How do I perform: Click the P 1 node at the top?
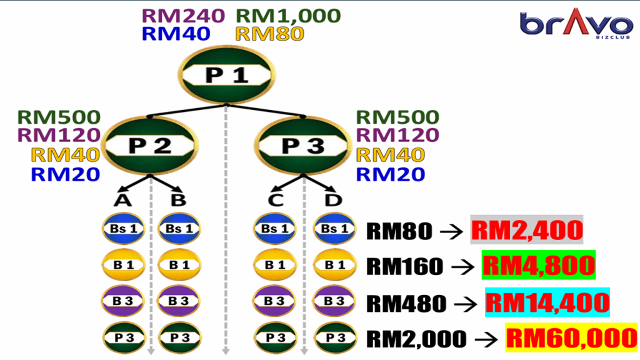click(x=227, y=75)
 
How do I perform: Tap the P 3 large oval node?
click(x=303, y=146)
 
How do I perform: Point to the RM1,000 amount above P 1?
click(x=288, y=15)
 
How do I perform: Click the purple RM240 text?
click(x=183, y=15)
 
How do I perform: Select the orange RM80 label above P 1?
click(x=269, y=33)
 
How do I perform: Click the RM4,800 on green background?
click(x=538, y=266)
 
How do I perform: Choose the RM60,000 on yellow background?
click(x=571, y=338)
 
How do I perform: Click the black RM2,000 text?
click(x=416, y=339)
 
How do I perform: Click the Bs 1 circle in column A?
click(x=123, y=228)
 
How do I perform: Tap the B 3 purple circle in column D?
click(x=334, y=301)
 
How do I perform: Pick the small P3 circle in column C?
click(x=274, y=337)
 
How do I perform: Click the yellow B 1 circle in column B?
click(x=179, y=264)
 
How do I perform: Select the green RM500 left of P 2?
click(x=59, y=117)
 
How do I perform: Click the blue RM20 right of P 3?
click(x=391, y=174)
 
